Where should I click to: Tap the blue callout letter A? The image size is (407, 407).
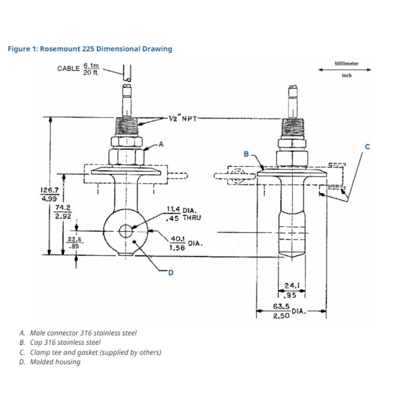point(161,144)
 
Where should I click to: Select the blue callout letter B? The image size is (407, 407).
point(246,154)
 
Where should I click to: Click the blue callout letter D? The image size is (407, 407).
point(170,273)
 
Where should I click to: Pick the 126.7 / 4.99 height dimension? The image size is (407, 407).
point(49,194)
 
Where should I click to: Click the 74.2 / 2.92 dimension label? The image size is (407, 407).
point(63,212)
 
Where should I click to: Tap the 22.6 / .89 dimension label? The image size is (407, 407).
point(75,242)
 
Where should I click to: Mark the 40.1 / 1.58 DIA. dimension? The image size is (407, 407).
point(185,244)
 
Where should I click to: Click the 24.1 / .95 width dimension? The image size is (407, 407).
point(290,289)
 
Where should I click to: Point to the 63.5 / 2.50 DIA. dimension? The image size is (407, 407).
point(290,311)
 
